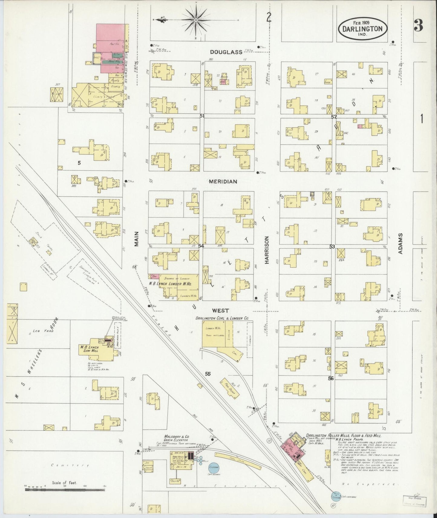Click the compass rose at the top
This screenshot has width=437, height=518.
click(x=196, y=20)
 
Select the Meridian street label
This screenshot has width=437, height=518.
click(x=223, y=181)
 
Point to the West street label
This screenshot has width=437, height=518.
click(x=220, y=310)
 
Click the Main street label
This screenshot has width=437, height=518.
click(x=136, y=239)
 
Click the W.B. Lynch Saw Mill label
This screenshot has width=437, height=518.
click(x=90, y=349)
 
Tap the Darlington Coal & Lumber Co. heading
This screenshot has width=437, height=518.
click(x=222, y=318)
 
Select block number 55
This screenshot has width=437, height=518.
click(x=208, y=374)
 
